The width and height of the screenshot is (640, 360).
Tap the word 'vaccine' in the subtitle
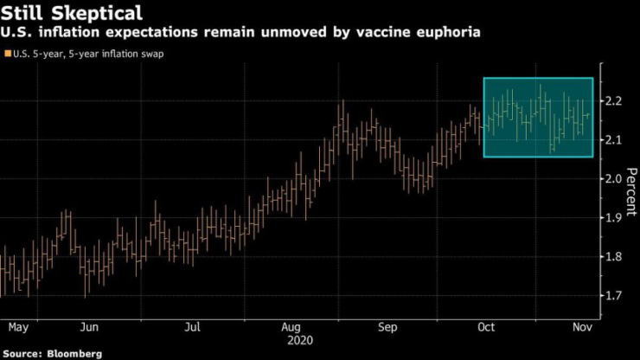pyautogui.click(x=374, y=32)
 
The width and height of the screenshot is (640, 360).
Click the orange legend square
pyautogui.click(x=7, y=54)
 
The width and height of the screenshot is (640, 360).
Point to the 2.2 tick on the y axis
pyautogui.click(x=615, y=101)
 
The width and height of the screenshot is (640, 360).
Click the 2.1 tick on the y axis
pyautogui.click(x=615, y=140)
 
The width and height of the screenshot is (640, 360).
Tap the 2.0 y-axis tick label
pyautogui.click(x=615, y=179)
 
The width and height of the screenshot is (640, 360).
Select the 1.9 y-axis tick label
pyautogui.click(x=615, y=218)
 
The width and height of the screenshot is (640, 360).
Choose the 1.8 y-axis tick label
pyautogui.click(x=615, y=257)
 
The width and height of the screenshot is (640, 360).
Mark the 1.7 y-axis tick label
pyautogui.click(x=615, y=296)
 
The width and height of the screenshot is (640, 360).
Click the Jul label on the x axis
pyautogui.click(x=193, y=328)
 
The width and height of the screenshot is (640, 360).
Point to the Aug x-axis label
pyautogui.click(x=291, y=328)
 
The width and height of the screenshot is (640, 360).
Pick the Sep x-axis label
pyautogui.click(x=388, y=328)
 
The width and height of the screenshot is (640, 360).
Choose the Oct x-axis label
pyautogui.click(x=485, y=328)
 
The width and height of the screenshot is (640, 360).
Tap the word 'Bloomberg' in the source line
pyautogui.click(x=75, y=354)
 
